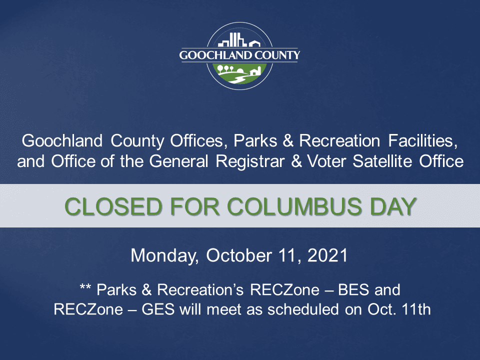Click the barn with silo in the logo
[254, 71]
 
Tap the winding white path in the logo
[238, 79]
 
